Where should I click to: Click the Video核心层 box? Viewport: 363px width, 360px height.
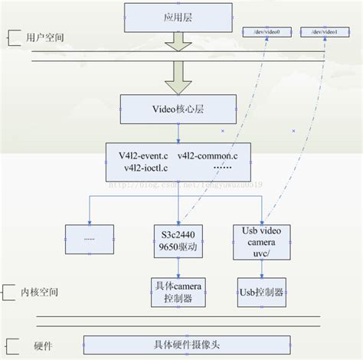point(178,106)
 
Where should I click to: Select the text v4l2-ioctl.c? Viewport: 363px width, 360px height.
point(140,167)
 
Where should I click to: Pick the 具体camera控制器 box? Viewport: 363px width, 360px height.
point(178,292)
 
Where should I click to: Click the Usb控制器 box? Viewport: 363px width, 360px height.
point(260,292)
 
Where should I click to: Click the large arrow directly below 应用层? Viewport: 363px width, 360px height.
point(178,43)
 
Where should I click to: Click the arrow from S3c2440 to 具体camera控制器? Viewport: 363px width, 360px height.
point(178,267)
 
